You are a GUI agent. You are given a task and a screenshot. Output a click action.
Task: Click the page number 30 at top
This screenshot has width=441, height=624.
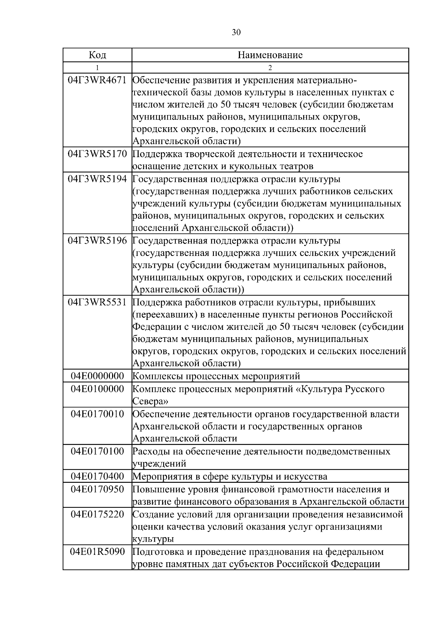236,32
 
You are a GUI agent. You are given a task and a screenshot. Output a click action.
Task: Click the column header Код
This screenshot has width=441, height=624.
97,55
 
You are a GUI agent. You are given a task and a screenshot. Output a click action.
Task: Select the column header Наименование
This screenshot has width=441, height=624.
270,55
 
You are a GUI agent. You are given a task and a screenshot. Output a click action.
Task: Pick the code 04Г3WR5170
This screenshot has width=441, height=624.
97,154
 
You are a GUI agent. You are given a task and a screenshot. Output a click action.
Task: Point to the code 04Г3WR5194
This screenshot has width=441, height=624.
97,179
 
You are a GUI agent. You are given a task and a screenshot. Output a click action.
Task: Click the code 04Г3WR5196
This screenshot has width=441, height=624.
97,241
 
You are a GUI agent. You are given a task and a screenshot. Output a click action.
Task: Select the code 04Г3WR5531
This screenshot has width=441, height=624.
97,302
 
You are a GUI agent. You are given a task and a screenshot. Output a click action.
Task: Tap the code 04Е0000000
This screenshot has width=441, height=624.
97,376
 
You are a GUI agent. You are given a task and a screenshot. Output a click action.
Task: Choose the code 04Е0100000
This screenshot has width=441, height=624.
97,389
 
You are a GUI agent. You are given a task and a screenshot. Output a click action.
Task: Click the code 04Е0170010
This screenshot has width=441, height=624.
97,414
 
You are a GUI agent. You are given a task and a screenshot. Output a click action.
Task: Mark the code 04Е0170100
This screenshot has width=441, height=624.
97,451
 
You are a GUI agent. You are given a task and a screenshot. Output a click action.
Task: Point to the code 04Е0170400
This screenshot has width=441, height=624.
97,477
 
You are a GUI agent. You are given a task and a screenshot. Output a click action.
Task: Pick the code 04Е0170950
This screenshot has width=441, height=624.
97,489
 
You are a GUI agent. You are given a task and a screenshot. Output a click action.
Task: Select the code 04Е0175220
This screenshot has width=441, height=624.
97,514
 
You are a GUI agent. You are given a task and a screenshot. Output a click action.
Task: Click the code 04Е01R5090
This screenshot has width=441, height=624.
97,552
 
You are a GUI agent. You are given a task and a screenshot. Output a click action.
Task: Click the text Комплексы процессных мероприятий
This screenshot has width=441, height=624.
216,376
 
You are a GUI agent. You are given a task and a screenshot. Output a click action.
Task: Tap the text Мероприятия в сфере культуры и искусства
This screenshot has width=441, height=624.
230,477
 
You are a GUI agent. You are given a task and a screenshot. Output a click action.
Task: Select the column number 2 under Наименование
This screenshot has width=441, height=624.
270,68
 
